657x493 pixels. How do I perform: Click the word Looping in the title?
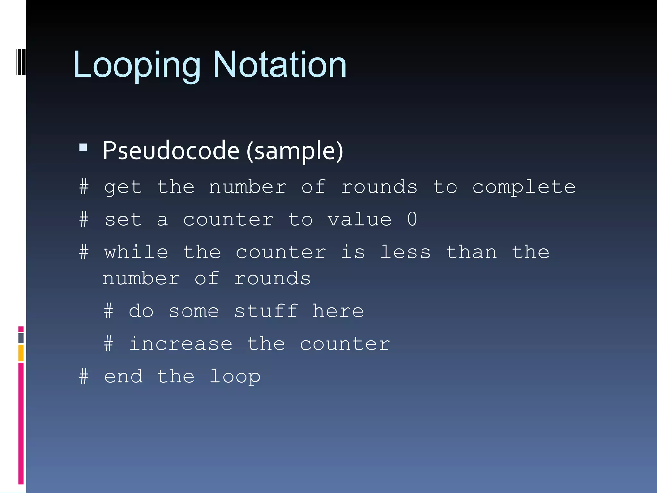pyautogui.click(x=137, y=66)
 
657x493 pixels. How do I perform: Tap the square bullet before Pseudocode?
pyautogui.click(x=83, y=148)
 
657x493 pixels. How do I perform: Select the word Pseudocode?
pyautogui.click(x=171, y=151)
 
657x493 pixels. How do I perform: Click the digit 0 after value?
pyautogui.click(x=412, y=220)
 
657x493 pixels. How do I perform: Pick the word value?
pyautogui.click(x=360, y=220)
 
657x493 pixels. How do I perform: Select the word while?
pyautogui.click(x=136, y=252)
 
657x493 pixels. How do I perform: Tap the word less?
pyautogui.click(x=405, y=252)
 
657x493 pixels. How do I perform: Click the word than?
pyautogui.click(x=471, y=252)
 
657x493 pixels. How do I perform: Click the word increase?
pyautogui.click(x=181, y=344)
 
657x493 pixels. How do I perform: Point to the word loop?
pyautogui.click(x=235, y=376)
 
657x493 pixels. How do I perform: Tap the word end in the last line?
pyautogui.click(x=124, y=376)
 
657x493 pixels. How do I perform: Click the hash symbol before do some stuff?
pyautogui.click(x=108, y=311)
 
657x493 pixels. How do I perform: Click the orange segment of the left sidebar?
pyautogui.click(x=21, y=353)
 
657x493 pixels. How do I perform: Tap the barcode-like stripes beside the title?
pyautogui.click(x=21, y=62)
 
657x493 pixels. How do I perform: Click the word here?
pyautogui.click(x=338, y=311)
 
